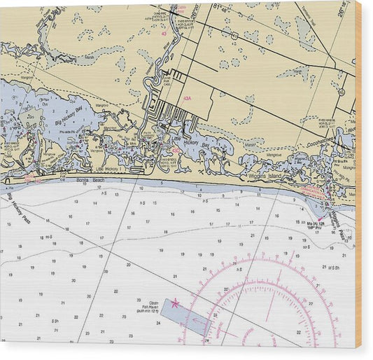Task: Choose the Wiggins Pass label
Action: point(335,219)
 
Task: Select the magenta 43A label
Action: point(187,99)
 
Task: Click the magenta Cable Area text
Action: point(181,8)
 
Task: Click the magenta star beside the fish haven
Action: point(175,303)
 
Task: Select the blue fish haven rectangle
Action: point(185,319)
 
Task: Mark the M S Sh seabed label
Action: point(333,267)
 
